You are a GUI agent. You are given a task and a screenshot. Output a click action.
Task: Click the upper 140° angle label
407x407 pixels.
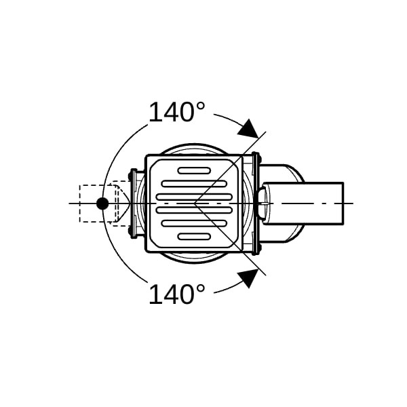click(177, 112)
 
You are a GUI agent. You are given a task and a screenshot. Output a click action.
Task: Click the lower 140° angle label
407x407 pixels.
click(177, 294)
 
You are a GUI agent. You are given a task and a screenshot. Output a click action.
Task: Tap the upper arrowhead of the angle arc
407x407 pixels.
click(248, 128)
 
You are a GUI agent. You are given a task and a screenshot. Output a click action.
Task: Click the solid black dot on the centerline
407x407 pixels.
click(102, 203)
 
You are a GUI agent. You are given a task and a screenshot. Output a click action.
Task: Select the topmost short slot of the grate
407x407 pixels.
click(194, 170)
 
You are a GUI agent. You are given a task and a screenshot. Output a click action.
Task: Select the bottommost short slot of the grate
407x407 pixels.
click(194, 237)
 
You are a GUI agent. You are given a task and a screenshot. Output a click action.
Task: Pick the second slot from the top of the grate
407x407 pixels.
click(194, 184)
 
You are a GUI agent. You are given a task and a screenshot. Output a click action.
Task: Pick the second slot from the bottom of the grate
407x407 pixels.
click(194, 223)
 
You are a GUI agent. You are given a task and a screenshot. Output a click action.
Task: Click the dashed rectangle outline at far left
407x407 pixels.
click(79, 203)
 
